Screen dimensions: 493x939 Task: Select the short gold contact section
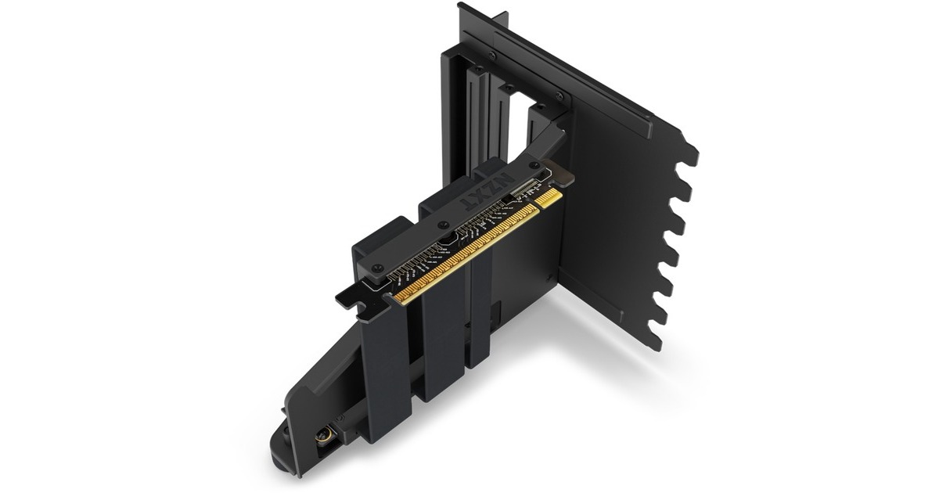549,196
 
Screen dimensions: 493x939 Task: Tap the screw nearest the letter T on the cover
379,273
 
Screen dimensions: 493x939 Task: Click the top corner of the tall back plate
460,6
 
